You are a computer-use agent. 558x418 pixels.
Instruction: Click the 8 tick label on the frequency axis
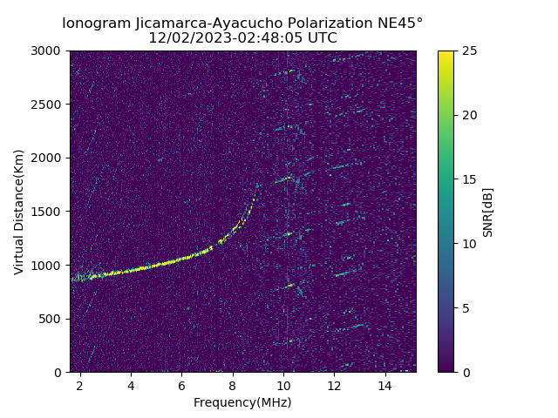[232, 386]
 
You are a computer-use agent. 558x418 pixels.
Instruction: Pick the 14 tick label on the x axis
[384, 386]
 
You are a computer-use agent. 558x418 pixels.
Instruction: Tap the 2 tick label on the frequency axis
[79, 386]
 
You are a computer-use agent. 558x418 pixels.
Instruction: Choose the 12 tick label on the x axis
[334, 386]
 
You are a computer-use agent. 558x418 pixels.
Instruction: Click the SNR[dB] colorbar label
[488, 212]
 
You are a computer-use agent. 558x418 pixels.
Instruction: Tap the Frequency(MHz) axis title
[242, 402]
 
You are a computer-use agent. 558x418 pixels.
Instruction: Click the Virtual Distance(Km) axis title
[19, 212]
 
